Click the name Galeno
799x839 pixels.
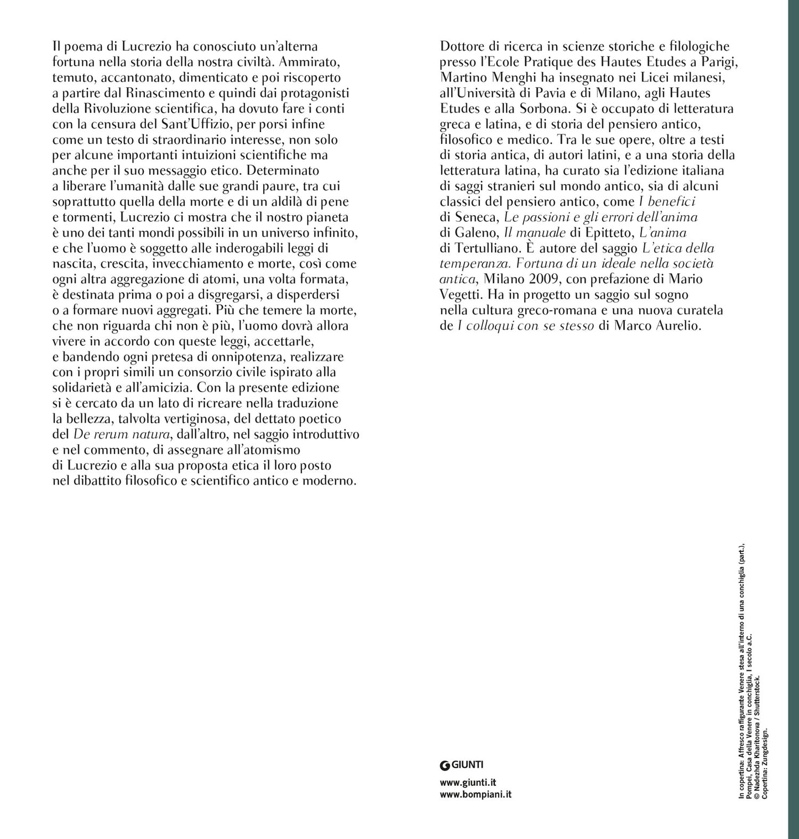click(x=476, y=233)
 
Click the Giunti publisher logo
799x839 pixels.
click(x=462, y=765)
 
